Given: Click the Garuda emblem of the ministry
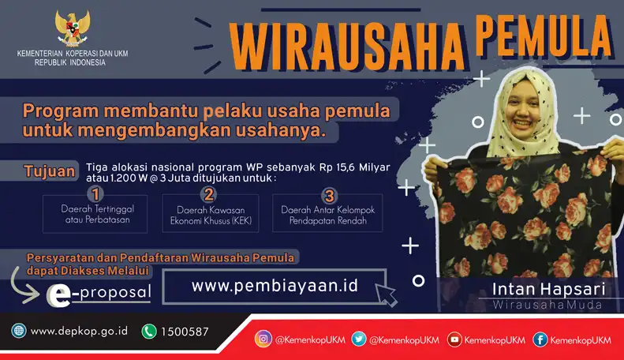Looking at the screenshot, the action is pyautogui.click(x=72, y=28).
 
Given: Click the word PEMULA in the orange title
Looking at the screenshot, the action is pyautogui.click(x=544, y=36).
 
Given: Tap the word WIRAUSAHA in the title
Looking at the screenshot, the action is pyautogui.click(x=346, y=47).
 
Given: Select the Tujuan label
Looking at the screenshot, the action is pyautogui.click(x=50, y=171).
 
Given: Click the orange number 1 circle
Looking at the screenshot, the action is pyautogui.click(x=95, y=194).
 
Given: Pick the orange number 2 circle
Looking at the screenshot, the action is pyautogui.click(x=209, y=194).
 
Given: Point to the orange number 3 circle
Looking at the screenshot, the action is pyautogui.click(x=329, y=196).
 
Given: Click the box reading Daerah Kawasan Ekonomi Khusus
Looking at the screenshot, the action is pyautogui.click(x=211, y=213).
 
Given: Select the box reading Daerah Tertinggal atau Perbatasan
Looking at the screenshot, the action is pyautogui.click(x=95, y=214).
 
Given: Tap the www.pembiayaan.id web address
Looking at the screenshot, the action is pyautogui.click(x=275, y=286).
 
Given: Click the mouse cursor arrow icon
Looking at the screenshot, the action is pyautogui.click(x=386, y=294).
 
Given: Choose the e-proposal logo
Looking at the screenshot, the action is pyautogui.click(x=99, y=295).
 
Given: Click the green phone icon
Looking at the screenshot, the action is pyautogui.click(x=149, y=332).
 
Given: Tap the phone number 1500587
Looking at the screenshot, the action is pyautogui.click(x=185, y=332).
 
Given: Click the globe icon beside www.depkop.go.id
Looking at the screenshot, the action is pyautogui.click(x=19, y=331).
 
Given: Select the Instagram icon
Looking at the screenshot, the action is pyautogui.click(x=263, y=339).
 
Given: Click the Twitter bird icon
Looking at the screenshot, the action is pyautogui.click(x=359, y=339).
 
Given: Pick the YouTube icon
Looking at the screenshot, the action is pyautogui.click(x=454, y=339).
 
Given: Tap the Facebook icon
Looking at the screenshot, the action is pyautogui.click(x=540, y=339).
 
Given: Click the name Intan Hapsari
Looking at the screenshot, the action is pyautogui.click(x=549, y=290).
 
